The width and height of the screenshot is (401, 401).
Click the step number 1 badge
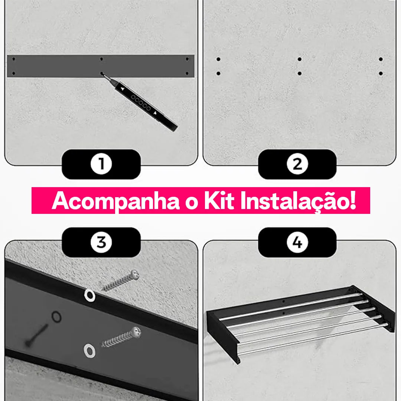pos(101,164)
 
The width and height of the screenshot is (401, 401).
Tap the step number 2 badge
pos(297,164)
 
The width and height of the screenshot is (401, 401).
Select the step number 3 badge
pos(101,242)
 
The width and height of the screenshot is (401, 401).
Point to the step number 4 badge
pos(297,242)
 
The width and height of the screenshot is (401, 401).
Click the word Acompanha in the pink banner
pos(116,201)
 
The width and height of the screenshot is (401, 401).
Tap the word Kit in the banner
pos(219,200)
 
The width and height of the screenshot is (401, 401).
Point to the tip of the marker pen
pos(102,74)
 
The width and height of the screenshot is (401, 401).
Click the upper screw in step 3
pos(121,280)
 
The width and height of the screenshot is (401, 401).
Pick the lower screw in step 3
pos(121,337)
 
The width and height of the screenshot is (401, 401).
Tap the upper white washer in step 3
pos(90,296)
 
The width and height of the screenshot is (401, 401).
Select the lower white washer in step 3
pos(89,351)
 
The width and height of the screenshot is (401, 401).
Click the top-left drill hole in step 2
pos(218,59)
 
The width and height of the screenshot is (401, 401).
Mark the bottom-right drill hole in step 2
pos(381,74)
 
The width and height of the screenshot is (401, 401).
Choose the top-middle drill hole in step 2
pos(300,59)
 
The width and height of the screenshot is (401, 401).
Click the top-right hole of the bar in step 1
pos(187,59)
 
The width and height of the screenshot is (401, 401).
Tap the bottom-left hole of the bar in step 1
pos(14,74)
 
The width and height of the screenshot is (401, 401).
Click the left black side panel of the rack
pos(223,335)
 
